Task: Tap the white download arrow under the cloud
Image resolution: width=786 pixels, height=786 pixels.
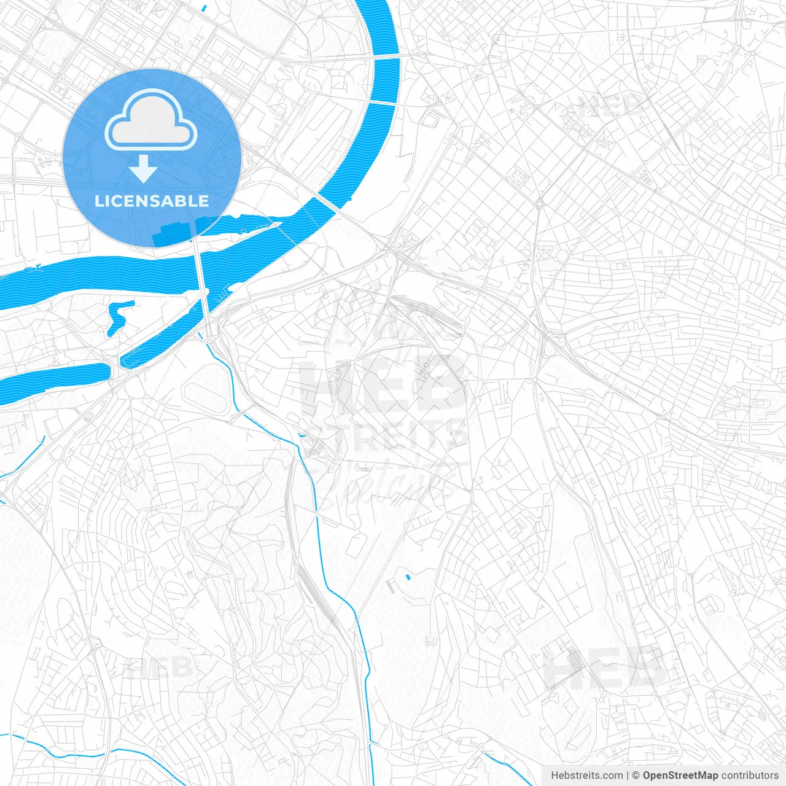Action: point(144,169)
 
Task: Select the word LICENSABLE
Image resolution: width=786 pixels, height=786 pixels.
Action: point(152,201)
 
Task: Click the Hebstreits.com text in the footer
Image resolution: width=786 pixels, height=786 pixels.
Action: point(586,776)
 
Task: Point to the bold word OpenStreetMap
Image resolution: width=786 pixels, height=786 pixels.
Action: point(680,776)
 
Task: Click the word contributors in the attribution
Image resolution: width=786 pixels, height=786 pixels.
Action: point(750,776)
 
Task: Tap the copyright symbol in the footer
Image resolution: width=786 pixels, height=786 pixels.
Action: point(636,776)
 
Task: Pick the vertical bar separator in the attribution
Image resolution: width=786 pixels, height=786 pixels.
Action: point(628,776)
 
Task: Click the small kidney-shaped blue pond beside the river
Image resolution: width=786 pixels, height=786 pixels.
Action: point(117,316)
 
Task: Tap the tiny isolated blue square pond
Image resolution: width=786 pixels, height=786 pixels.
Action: point(407,577)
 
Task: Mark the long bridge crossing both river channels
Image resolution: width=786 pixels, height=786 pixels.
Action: point(201,276)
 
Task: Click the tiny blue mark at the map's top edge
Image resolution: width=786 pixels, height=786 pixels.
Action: point(204,8)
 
